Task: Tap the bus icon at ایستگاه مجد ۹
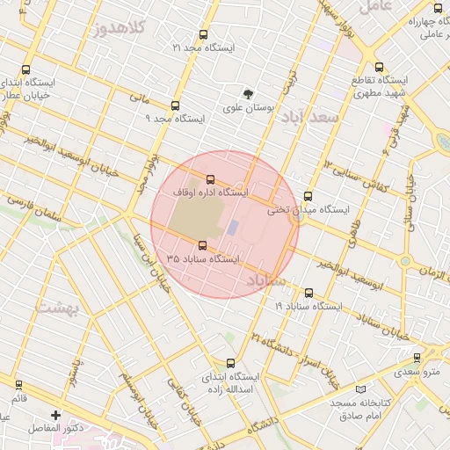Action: [175, 104]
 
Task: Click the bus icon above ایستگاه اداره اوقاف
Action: [209, 178]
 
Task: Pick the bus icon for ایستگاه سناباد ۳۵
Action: [203, 246]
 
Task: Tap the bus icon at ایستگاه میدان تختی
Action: [308, 196]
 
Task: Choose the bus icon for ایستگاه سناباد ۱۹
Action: [308, 293]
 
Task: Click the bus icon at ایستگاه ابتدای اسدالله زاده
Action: [230, 362]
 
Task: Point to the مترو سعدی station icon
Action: [417, 358]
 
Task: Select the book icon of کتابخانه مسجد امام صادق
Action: [360, 388]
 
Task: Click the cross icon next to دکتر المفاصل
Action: [56, 414]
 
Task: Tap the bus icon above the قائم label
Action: [19, 385]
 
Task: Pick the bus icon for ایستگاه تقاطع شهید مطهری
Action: [379, 67]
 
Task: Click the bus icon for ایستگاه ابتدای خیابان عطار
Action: [25, 70]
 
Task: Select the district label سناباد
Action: [266, 279]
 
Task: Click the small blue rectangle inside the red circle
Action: [233, 227]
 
